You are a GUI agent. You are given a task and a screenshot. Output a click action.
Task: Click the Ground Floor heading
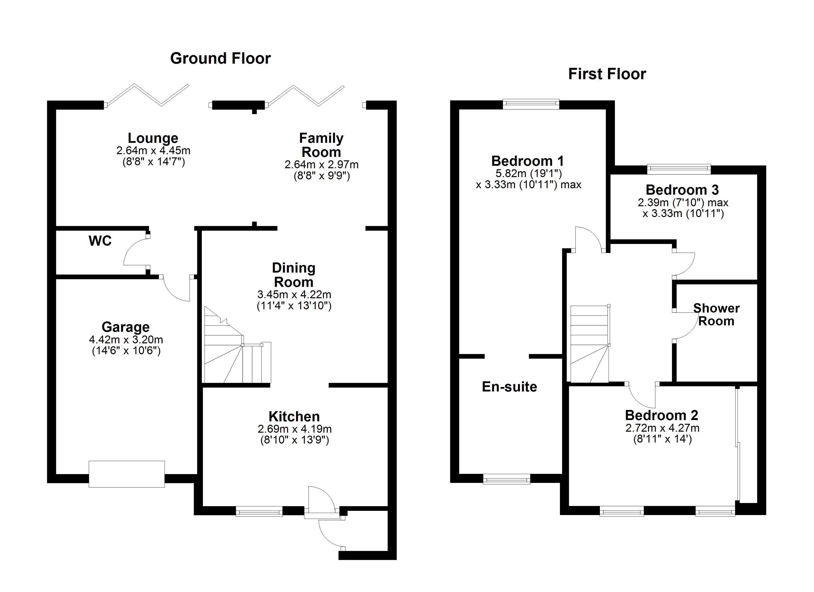click(220, 58)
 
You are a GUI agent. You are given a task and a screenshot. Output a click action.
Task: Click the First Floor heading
click(607, 74)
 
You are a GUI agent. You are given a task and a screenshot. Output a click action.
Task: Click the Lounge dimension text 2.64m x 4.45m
click(153, 150)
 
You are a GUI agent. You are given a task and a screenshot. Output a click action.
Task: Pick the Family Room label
click(321, 145)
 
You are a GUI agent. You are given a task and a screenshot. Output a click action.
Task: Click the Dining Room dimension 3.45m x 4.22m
click(294, 294)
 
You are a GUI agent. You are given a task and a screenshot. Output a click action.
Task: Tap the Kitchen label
click(294, 416)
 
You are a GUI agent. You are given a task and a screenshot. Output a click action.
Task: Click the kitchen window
click(259, 511)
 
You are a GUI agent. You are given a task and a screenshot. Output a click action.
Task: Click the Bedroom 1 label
click(528, 161)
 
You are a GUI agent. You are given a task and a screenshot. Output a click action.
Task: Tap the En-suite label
click(509, 387)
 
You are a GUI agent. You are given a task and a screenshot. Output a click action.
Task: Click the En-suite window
click(506, 479)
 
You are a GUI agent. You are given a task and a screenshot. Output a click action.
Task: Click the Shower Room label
click(716, 314)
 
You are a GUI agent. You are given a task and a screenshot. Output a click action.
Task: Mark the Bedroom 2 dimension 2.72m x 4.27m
click(662, 428)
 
